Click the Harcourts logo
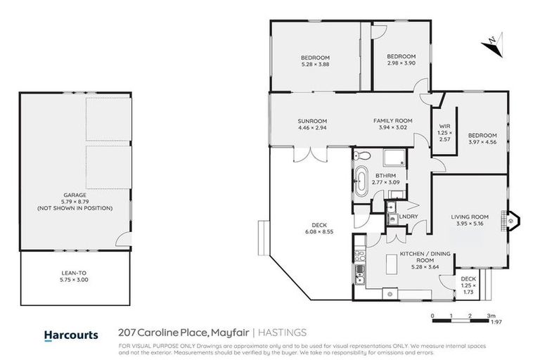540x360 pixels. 71,335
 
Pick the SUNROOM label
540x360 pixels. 312,120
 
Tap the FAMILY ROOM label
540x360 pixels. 392,120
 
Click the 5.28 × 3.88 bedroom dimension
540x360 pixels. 315,65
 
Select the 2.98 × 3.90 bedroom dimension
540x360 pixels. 401,64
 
